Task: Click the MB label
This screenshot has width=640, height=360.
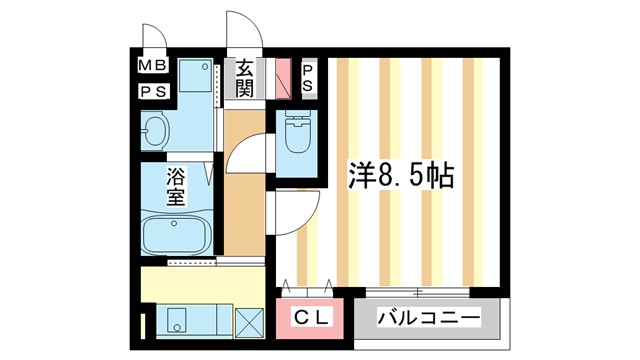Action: pyautogui.click(x=153, y=68)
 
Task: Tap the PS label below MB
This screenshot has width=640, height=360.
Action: pyautogui.click(x=153, y=90)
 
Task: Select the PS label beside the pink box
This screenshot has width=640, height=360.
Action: pyautogui.click(x=308, y=78)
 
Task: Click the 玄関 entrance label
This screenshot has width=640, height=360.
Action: pyautogui.click(x=244, y=78)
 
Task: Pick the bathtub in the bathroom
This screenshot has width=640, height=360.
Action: pyautogui.click(x=177, y=235)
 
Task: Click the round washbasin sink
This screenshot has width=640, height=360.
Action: pyautogui.click(x=155, y=130)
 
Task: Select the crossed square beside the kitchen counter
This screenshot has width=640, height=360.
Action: pyautogui.click(x=248, y=322)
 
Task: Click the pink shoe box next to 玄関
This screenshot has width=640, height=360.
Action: pyautogui.click(x=283, y=78)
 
